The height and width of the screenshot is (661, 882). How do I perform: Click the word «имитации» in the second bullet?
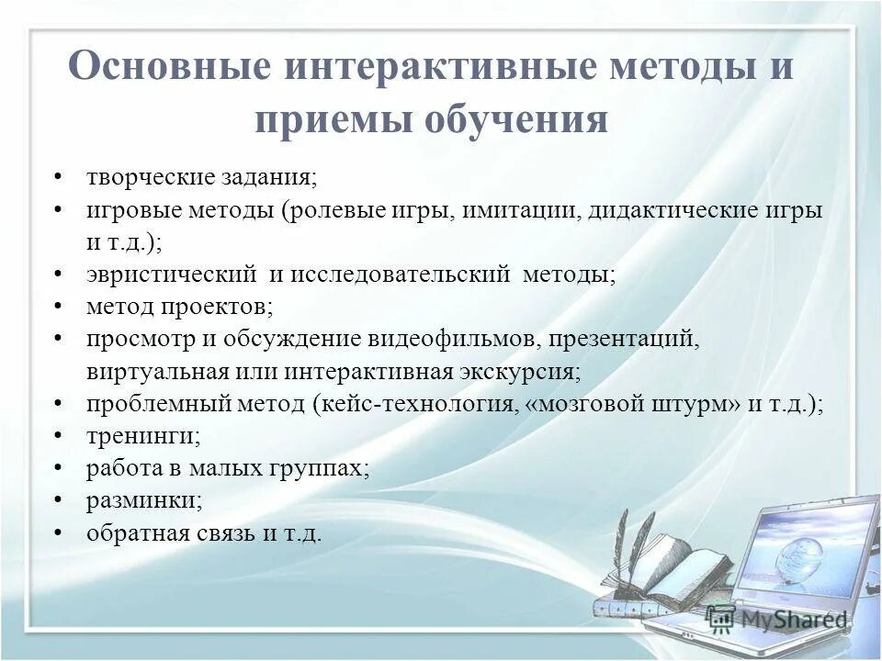click(x=520, y=210)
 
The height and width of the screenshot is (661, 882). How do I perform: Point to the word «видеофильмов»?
click(x=452, y=339)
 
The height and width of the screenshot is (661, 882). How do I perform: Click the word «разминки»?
click(x=144, y=500)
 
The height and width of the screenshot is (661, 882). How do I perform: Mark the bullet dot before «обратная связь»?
click(x=58, y=532)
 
